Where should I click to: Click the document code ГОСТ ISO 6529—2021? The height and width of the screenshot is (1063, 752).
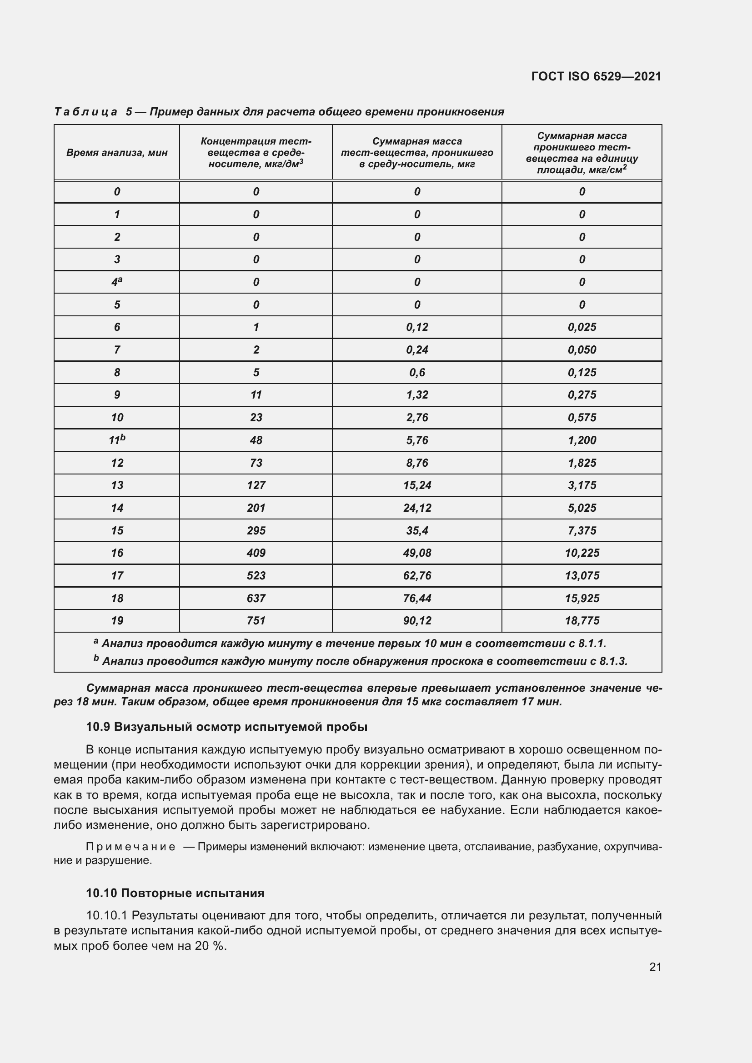coord(596,76)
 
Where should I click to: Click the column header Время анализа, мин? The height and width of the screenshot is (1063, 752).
coord(117,153)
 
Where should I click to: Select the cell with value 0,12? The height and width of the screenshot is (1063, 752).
coord(417,327)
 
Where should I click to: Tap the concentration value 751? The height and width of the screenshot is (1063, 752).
coord(256,621)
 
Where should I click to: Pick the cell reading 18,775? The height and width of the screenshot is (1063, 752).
coord(582,621)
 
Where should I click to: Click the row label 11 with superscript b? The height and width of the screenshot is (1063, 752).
coord(117,440)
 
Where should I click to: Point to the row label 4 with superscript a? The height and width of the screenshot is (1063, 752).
coord(117,282)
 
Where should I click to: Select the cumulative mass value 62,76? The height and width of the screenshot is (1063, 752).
coord(417,576)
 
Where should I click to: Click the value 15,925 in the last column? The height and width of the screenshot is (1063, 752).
coord(582,599)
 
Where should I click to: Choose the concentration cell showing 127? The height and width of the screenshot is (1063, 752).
coord(256,485)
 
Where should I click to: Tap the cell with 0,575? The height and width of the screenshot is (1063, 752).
coord(582,418)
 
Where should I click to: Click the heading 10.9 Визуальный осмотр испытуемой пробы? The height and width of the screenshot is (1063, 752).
coord(226,727)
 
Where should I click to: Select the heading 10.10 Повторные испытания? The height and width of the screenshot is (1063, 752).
coord(175,893)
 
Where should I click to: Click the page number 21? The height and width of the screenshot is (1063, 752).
coord(655,967)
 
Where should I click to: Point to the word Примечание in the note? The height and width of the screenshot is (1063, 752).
coord(130,847)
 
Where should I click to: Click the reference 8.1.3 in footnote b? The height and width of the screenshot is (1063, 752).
coord(612,662)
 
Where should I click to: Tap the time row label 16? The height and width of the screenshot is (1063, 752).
coord(117,553)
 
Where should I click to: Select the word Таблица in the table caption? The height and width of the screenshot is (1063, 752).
coord(85,112)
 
